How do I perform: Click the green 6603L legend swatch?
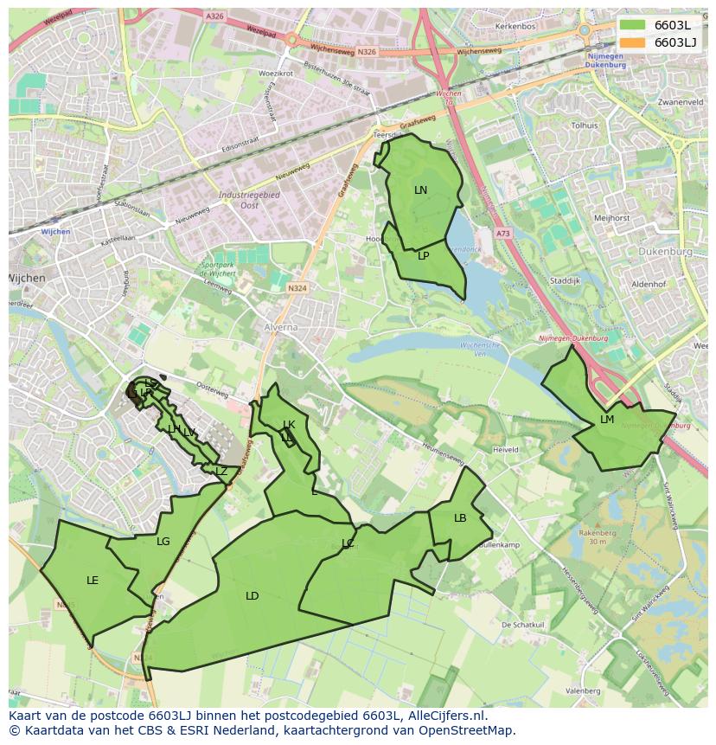(633, 25)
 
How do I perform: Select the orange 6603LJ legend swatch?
(633, 42)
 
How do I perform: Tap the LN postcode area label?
(420, 190)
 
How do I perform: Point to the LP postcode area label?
(424, 256)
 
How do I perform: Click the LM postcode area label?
(607, 420)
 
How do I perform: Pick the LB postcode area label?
(460, 518)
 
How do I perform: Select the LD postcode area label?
(252, 596)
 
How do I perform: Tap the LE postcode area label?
(93, 581)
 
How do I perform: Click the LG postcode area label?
(163, 542)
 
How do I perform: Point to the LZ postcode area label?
(221, 472)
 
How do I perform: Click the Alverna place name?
(281, 328)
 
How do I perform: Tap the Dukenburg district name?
(667, 252)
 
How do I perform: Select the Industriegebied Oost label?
(249, 200)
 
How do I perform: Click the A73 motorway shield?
(503, 234)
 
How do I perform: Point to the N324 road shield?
(297, 288)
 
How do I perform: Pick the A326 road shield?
(215, 16)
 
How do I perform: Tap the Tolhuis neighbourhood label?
(585, 125)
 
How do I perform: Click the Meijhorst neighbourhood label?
(612, 218)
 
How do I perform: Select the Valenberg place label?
(583, 691)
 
